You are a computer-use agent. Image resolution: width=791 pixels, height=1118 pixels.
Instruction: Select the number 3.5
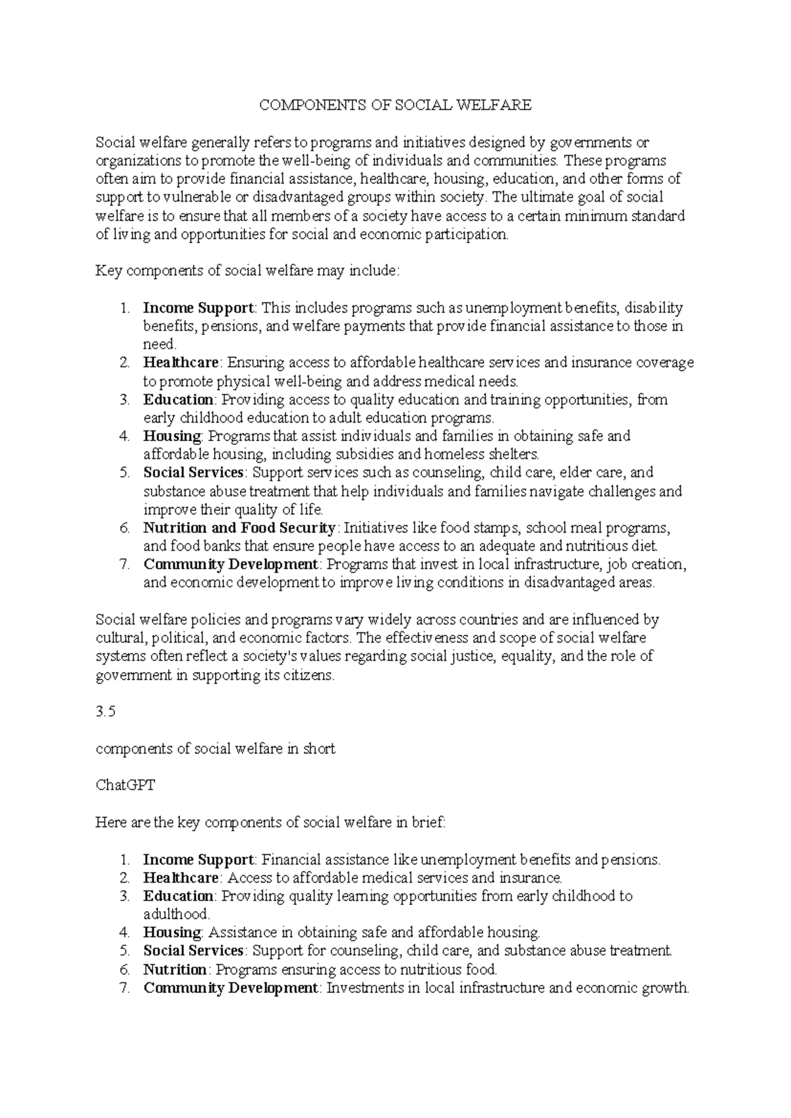(x=105, y=712)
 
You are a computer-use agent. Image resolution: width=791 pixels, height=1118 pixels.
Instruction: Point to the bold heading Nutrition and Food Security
(x=240, y=528)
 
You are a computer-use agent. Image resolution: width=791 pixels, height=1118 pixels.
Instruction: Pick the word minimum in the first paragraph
(x=603, y=216)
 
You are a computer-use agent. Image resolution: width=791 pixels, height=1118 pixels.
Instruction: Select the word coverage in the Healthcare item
(x=666, y=363)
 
